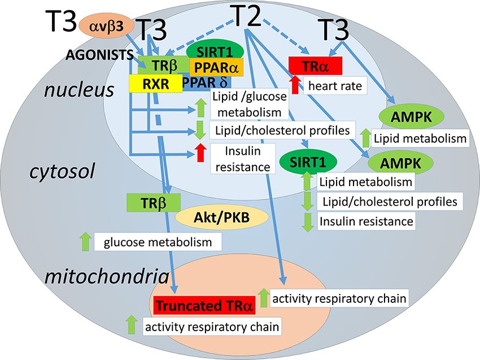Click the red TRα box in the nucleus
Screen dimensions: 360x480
(315, 66)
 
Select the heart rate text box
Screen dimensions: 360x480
(334, 86)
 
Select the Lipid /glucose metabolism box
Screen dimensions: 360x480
(249, 102)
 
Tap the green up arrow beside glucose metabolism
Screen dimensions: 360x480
(85, 242)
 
